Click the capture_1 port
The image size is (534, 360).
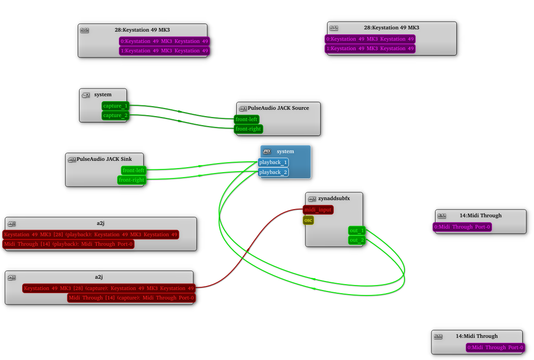pos(115,106)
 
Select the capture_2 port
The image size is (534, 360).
pos(115,115)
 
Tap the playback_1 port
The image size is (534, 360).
pos(273,162)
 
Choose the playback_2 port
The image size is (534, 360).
pos(273,172)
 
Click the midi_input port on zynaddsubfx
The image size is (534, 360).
pos(318,210)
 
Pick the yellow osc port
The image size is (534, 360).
pos(308,220)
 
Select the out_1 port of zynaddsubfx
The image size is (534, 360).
pos(356,230)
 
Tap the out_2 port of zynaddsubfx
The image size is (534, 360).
pos(356,240)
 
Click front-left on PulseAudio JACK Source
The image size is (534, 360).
pos(246,119)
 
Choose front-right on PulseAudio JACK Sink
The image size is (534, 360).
pos(131,180)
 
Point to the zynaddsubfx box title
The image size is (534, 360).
pos(334,198)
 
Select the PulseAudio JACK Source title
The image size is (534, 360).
pos(278,108)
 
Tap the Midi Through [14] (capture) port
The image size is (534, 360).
pos(131,298)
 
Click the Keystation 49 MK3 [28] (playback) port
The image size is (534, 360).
pos(90,234)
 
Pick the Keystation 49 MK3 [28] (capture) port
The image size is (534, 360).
pos(108,288)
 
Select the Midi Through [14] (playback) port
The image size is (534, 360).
pos(68,244)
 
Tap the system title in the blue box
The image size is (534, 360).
pos(285,151)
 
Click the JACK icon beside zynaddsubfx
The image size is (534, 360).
pos(312,198)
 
